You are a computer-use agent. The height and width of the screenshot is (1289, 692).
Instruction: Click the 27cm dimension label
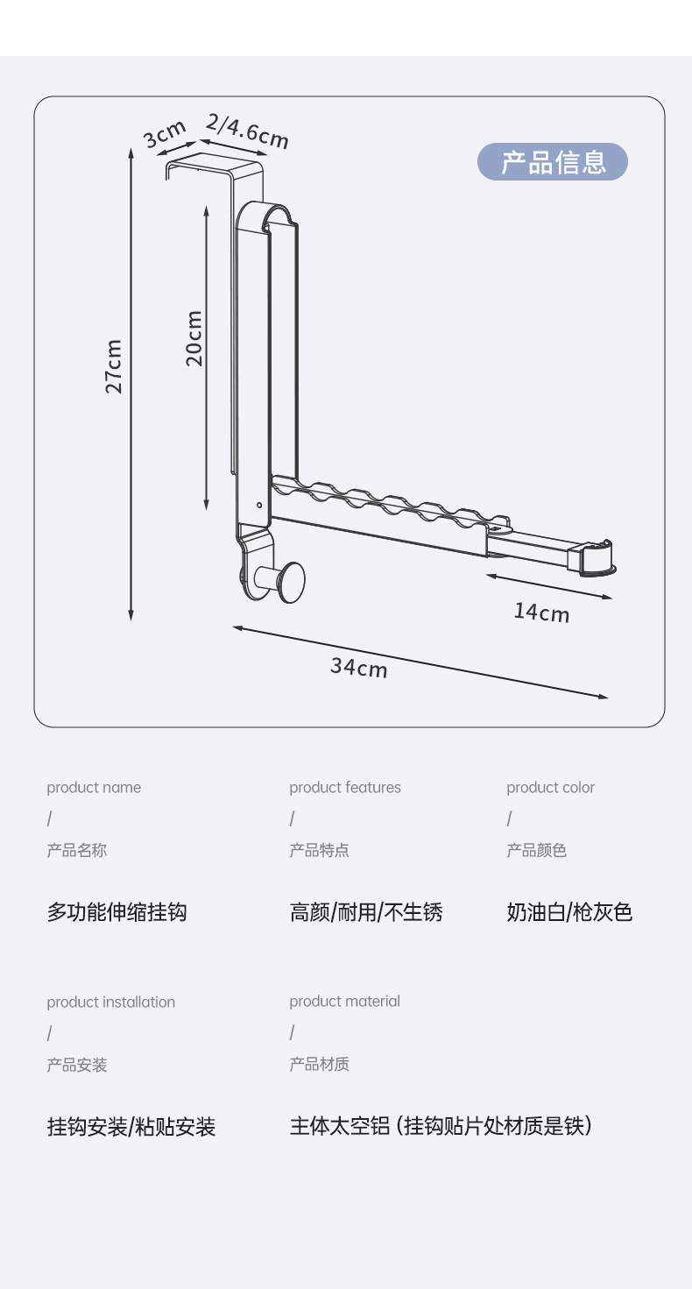coord(114,366)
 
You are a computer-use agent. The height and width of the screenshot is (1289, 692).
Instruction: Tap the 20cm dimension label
coord(194,338)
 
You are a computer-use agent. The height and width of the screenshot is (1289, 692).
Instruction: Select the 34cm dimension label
coord(358,667)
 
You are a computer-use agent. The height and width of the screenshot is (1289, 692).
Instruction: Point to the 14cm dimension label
coord(541,612)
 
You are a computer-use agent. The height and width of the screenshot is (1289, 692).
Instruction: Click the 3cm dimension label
coord(165,134)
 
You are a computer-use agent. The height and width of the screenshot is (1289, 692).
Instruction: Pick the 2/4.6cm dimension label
coord(247,131)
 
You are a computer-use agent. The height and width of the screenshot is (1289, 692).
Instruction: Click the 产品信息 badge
coord(553,162)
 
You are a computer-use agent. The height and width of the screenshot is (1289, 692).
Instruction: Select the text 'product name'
coord(94,788)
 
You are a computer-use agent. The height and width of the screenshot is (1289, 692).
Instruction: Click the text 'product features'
coord(345,788)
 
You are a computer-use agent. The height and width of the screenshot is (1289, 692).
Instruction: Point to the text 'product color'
coord(550,788)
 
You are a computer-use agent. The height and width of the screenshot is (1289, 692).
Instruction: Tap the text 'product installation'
coord(111,1002)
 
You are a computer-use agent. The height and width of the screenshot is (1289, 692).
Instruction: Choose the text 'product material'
coord(345,1002)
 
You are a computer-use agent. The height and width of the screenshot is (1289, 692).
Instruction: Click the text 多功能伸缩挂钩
coord(117,912)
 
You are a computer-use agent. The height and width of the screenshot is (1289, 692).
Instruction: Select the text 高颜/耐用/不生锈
coord(366,912)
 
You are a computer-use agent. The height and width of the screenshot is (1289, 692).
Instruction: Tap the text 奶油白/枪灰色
coord(569,912)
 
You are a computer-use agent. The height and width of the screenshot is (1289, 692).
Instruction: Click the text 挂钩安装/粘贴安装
coord(131,1127)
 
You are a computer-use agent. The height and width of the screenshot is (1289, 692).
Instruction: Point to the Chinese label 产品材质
coord(320,1065)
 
